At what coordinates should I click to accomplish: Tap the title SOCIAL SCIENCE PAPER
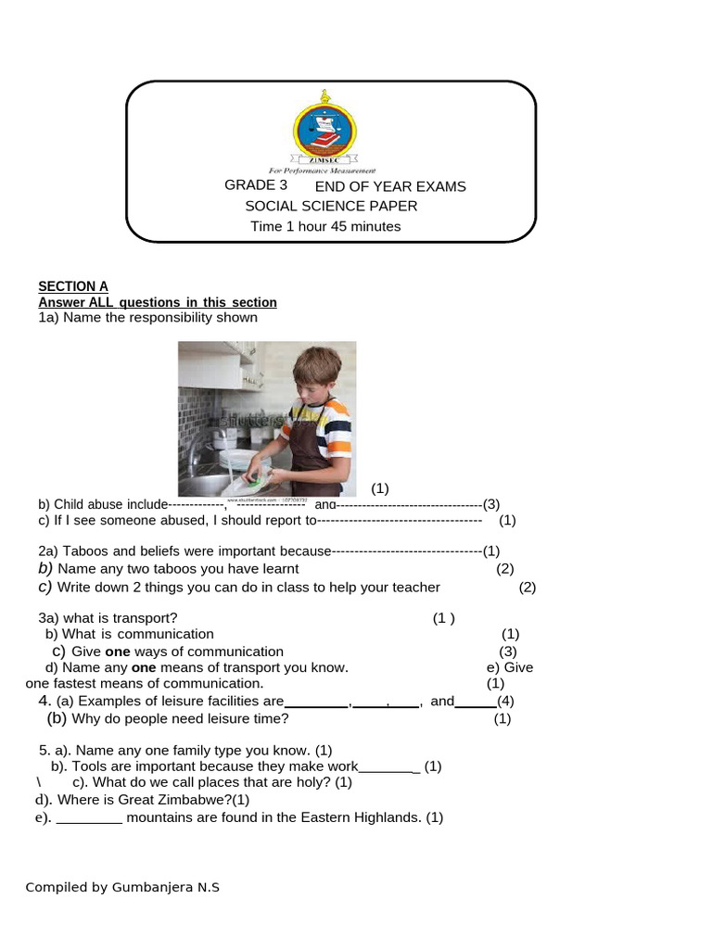tap(331, 206)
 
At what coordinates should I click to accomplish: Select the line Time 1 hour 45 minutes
tap(325, 226)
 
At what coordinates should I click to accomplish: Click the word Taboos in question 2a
tap(85, 550)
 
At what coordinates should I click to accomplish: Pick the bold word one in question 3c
tap(116, 652)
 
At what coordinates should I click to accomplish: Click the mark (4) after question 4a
tap(505, 701)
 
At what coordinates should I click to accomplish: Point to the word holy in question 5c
tap(314, 782)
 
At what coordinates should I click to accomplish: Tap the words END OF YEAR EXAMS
tap(390, 186)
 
